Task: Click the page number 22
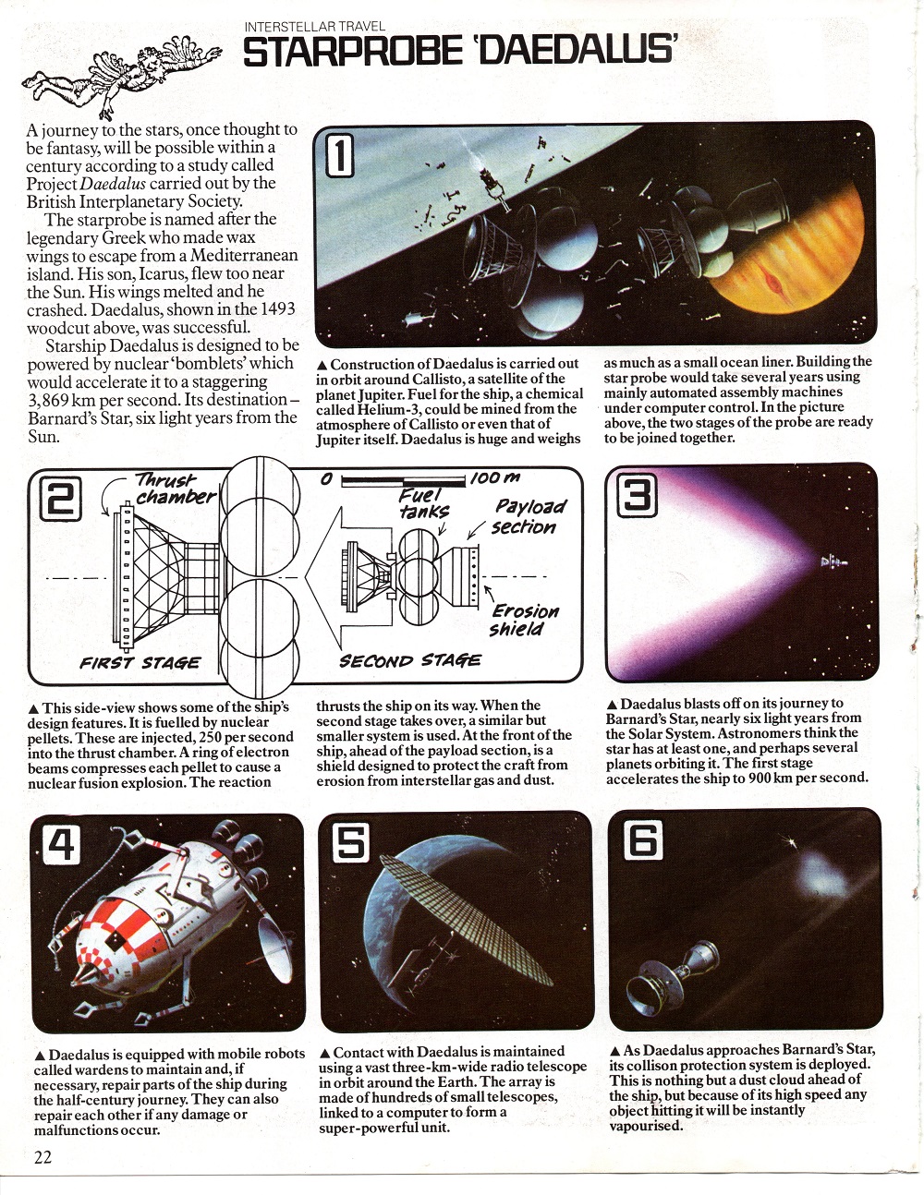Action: tap(43, 1157)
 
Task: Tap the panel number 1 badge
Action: tap(339, 154)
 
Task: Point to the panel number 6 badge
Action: tap(644, 840)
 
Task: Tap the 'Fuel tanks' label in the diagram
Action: tap(423, 502)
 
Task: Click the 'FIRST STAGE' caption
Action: tap(140, 662)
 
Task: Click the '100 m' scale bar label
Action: tap(495, 477)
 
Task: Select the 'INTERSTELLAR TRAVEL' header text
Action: tap(315, 26)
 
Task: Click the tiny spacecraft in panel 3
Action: tap(833, 561)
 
